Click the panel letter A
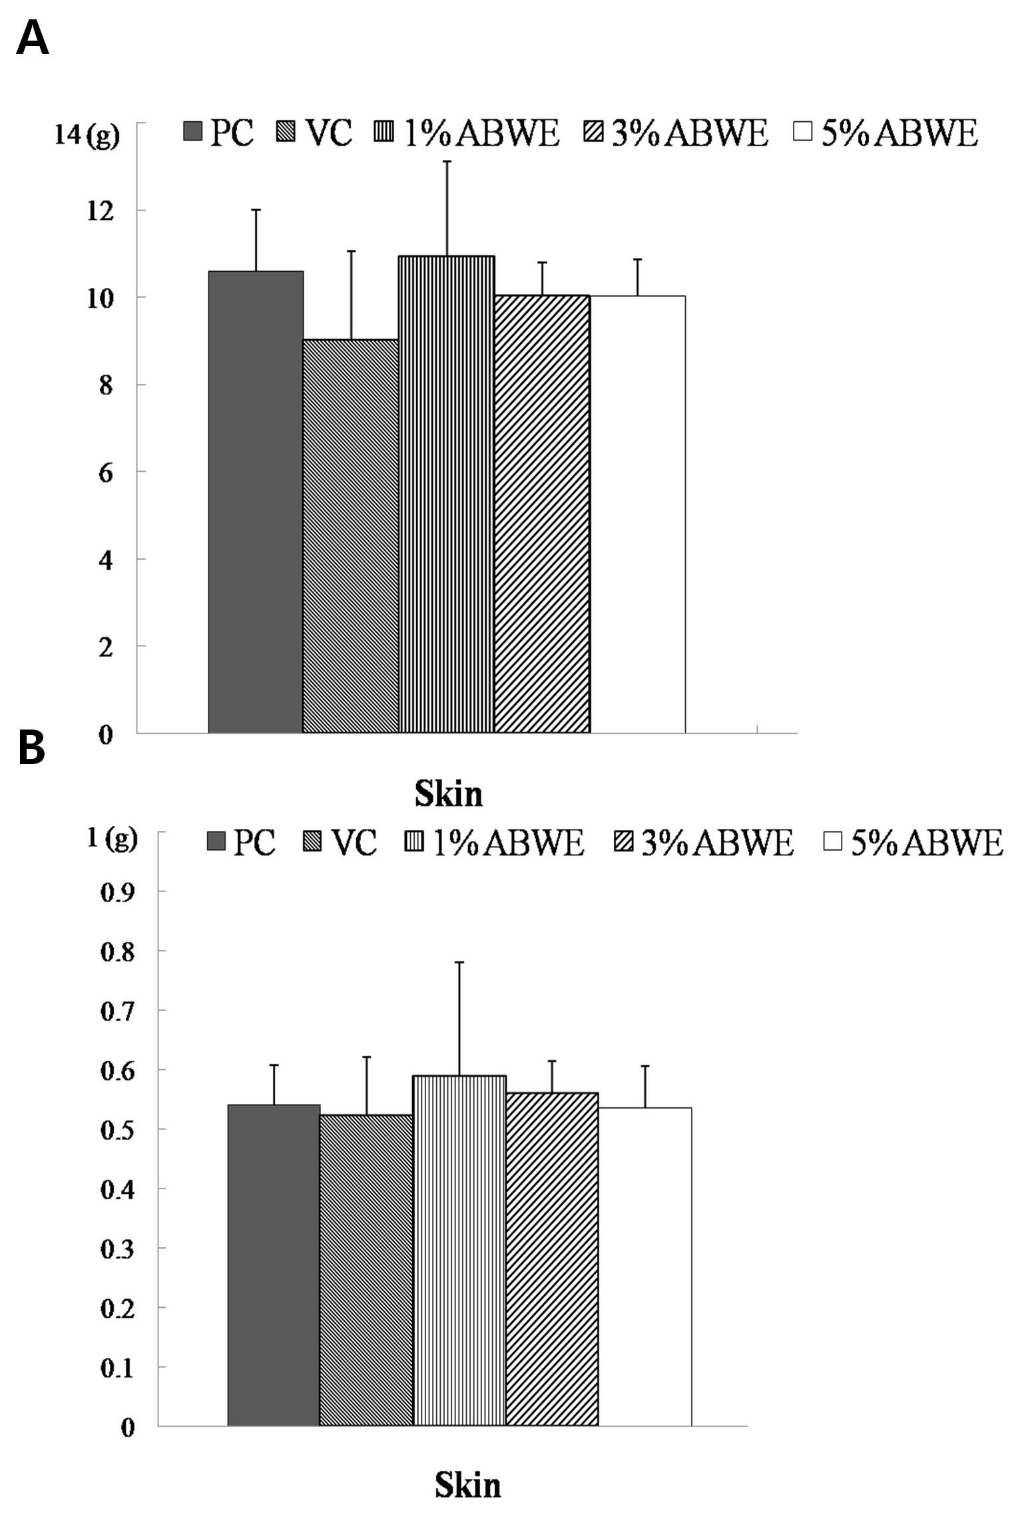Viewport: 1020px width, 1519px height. tap(33, 38)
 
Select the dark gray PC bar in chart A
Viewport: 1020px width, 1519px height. tap(256, 502)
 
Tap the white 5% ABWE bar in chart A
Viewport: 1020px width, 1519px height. tap(638, 514)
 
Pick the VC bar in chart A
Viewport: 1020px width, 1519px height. tap(351, 536)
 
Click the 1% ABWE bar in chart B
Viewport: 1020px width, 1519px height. tap(459, 1251)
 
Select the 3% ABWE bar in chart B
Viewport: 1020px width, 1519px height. tap(552, 1259)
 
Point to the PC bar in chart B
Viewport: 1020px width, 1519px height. tap(274, 1265)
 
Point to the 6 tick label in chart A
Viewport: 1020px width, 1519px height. tap(106, 473)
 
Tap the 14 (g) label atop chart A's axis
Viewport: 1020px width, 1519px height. tap(87, 135)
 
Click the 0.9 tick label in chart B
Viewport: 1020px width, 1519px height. tap(118, 892)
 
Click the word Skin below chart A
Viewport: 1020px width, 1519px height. tap(449, 793)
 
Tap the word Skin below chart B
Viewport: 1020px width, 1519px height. tap(468, 1485)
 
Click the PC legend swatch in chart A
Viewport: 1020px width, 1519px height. tap(192, 131)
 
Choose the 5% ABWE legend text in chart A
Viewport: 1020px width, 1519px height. tap(899, 133)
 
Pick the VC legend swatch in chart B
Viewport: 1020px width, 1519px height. tap(313, 841)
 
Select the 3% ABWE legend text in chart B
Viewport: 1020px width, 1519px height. tap(718, 842)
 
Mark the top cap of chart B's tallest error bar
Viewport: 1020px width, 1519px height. tap(459, 962)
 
